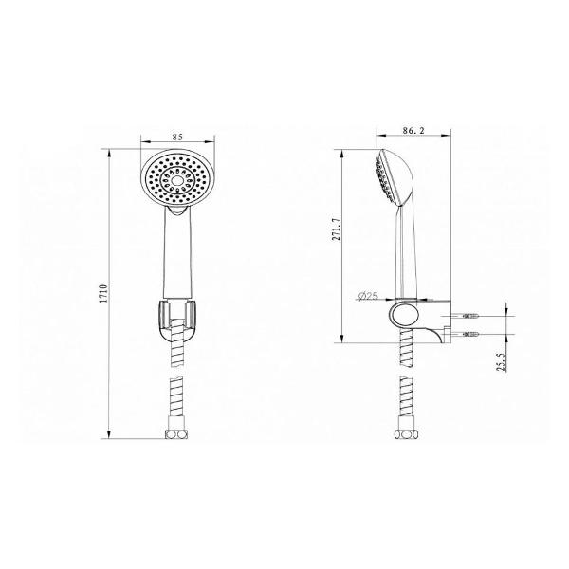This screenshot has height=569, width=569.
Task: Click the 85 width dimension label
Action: pos(177,137)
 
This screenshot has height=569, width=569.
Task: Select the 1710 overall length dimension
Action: pos(105,294)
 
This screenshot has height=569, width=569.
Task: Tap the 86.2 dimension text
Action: pos(413,131)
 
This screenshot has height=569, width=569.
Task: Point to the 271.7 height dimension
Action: pos(337,229)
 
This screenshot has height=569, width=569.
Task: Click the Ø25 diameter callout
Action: pos(368,296)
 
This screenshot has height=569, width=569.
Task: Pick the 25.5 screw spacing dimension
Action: pos(501,360)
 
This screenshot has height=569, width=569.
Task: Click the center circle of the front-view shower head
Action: pos(177,181)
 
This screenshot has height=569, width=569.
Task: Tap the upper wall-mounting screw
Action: pos(470,316)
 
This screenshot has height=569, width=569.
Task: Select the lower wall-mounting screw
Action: pos(470,334)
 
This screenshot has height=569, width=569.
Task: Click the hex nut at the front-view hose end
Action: pos(176,434)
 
